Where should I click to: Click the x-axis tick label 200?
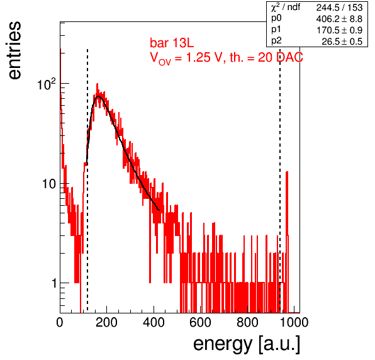click(106, 322)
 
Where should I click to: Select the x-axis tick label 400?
click(154, 322)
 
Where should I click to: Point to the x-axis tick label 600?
click(201, 322)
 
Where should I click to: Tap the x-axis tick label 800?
click(247, 322)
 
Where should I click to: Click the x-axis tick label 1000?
click(294, 322)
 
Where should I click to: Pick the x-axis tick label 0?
click(60, 322)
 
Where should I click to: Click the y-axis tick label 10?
click(49, 184)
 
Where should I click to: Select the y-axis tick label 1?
click(54, 283)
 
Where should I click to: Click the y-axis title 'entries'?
click(14, 50)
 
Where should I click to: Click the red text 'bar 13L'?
click(172, 43)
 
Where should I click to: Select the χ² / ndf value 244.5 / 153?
click(339, 8)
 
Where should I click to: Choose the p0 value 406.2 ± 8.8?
click(339, 19)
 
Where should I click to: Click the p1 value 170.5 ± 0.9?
click(340, 30)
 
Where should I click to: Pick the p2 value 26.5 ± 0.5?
click(342, 42)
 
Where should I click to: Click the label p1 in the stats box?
click(276, 30)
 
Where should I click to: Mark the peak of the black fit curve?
click(99, 96)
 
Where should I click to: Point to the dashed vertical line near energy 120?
click(87, 180)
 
